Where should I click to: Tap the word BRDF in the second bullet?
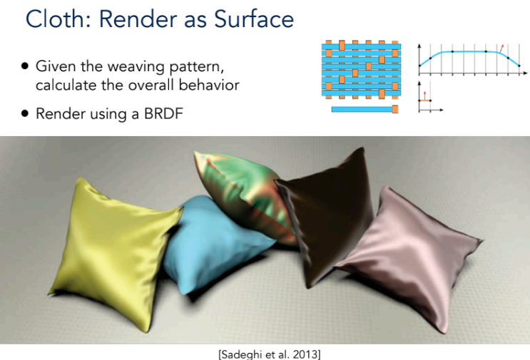click(x=163, y=113)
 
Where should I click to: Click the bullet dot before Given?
click(x=25, y=66)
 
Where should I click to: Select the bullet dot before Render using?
click(x=25, y=113)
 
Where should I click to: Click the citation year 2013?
click(x=307, y=354)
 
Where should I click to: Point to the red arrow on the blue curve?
click(x=501, y=48)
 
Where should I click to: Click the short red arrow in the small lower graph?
click(x=425, y=96)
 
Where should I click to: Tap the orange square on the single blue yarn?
click(x=394, y=109)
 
